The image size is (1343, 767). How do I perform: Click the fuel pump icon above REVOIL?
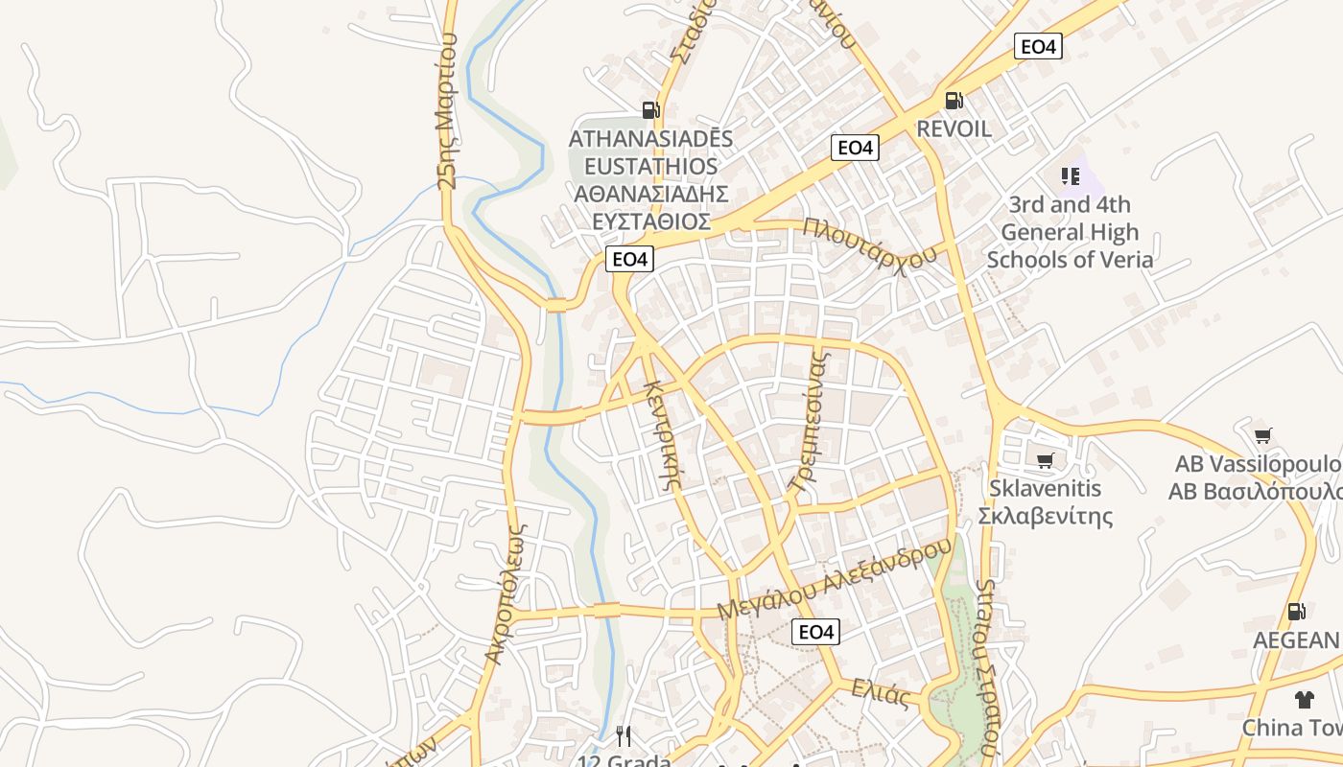[954, 100]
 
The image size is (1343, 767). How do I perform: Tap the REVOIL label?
[954, 128]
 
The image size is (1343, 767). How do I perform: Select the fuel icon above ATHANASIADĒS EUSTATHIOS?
[651, 109]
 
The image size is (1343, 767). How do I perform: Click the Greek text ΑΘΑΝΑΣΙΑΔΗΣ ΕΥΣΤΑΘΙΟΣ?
[651, 208]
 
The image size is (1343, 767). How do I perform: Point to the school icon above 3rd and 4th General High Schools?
[1071, 176]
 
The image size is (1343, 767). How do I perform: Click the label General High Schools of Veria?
[1070, 246]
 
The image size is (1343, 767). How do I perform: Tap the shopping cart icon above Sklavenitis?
[1045, 460]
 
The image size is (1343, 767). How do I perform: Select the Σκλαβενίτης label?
[1045, 517]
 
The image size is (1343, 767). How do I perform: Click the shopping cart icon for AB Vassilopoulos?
[1263, 436]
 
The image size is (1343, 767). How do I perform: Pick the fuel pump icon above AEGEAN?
[1296, 611]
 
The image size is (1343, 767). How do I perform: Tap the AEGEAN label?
[1296, 640]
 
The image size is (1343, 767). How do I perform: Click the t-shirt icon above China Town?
[1303, 699]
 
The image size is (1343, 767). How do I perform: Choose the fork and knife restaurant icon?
[624, 736]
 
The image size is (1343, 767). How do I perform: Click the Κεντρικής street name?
[662, 434]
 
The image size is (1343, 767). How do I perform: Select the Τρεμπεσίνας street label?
[807, 421]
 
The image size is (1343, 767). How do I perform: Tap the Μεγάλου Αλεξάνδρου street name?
[835, 578]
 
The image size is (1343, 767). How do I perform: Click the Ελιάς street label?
[880, 693]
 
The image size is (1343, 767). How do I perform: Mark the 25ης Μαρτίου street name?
[447, 110]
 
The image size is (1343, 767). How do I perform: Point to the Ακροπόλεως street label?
[506, 593]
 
